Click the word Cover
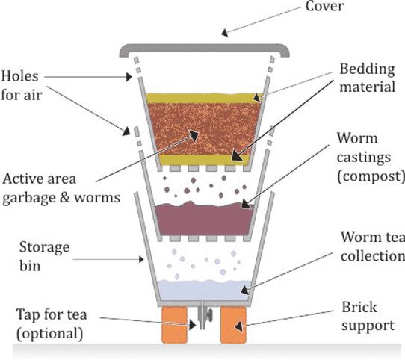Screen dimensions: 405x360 [324, 6]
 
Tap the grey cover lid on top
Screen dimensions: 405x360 [204, 48]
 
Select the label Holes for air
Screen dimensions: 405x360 [21, 85]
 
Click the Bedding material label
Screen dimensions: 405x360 [367, 78]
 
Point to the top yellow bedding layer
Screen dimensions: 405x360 [204, 98]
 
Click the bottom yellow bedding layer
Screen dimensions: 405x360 [204, 160]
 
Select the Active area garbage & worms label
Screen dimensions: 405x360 [61, 188]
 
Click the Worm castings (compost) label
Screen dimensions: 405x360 [371, 158]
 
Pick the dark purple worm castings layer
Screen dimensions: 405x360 [204, 220]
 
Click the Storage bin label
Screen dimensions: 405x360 [44, 256]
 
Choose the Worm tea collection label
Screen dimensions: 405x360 [373, 246]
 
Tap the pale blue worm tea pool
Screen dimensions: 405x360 [204, 291]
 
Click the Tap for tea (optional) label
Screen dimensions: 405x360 [52, 324]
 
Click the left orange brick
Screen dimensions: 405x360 [174, 325]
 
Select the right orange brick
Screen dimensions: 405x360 [233, 325]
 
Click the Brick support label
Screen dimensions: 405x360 [368, 316]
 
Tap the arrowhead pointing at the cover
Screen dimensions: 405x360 [225, 33]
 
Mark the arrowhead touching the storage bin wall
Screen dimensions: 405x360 [141, 259]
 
